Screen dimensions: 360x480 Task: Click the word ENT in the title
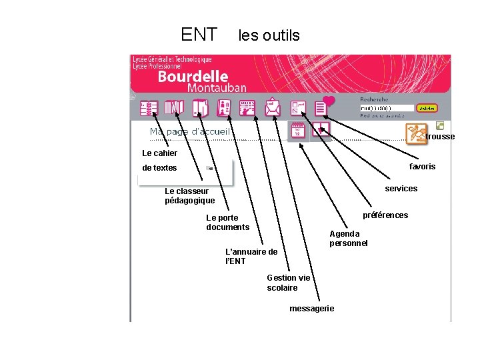pyautogui.click(x=199, y=34)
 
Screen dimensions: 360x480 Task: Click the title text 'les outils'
pyautogui.click(x=269, y=35)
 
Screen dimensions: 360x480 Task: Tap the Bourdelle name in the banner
pyautogui.click(x=193, y=77)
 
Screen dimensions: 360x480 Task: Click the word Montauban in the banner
pyautogui.click(x=217, y=88)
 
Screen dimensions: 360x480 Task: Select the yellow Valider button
pyautogui.click(x=427, y=108)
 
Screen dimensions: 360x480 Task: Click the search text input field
pyautogui.click(x=387, y=108)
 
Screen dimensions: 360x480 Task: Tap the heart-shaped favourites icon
pyautogui.click(x=329, y=101)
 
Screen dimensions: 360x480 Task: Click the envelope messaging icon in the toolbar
pyautogui.click(x=273, y=107)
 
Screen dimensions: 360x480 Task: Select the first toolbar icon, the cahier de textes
pyautogui.click(x=149, y=108)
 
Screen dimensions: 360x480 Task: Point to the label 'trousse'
pyautogui.click(x=440, y=137)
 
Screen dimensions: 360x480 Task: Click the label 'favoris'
pyautogui.click(x=422, y=167)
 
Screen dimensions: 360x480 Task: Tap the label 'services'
pyautogui.click(x=401, y=189)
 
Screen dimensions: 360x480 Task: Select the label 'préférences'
pyautogui.click(x=385, y=215)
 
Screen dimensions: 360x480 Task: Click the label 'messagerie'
pyautogui.click(x=312, y=309)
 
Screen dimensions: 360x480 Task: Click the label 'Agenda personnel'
pyautogui.click(x=348, y=239)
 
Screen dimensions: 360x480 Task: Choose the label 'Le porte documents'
pyautogui.click(x=227, y=223)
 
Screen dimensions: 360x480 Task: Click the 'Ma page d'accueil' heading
pyautogui.click(x=189, y=132)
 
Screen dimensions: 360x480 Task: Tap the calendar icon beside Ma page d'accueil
pyautogui.click(x=298, y=131)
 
